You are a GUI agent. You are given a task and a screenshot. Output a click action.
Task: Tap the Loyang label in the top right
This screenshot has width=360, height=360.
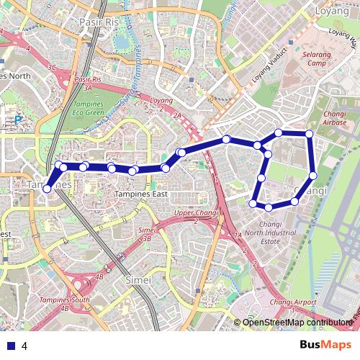(333, 12)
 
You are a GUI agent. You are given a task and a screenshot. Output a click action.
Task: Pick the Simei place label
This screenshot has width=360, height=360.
(138, 279)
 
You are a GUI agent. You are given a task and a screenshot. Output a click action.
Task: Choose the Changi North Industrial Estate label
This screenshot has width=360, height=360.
(270, 237)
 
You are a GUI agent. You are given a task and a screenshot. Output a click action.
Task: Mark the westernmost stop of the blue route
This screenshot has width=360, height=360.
(48, 189)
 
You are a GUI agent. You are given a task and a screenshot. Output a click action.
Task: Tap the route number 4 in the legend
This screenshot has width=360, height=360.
(24, 346)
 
